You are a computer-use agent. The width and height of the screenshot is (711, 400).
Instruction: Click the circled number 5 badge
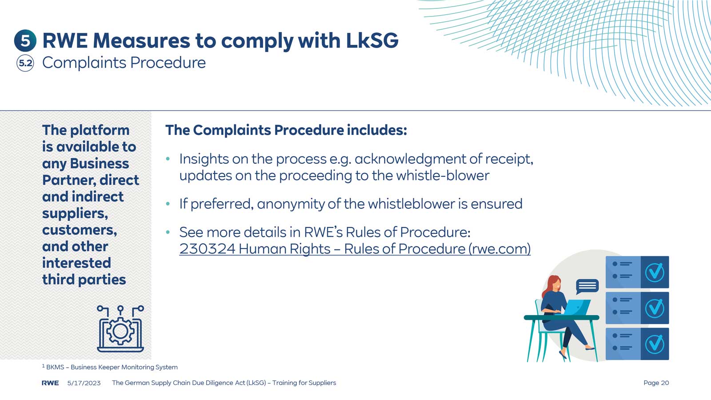click(x=25, y=40)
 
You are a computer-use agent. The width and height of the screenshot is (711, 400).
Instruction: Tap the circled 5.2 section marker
click(x=25, y=63)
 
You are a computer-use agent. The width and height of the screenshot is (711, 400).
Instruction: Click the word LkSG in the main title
click(x=372, y=40)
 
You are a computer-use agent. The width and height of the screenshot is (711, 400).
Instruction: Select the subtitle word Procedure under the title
click(x=168, y=63)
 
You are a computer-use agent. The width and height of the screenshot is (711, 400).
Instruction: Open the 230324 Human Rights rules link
click(x=355, y=249)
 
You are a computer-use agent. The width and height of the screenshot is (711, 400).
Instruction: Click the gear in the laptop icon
click(x=120, y=331)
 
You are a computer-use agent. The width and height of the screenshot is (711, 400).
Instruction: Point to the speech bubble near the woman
click(x=587, y=286)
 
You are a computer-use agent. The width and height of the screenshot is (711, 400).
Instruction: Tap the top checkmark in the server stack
click(x=655, y=272)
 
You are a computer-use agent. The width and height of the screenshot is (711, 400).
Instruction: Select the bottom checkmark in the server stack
click(x=655, y=344)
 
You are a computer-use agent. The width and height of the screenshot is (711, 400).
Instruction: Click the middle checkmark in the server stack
click(x=655, y=308)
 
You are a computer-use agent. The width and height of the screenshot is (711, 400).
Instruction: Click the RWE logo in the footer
click(x=50, y=383)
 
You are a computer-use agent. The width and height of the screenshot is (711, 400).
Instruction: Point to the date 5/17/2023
click(x=84, y=383)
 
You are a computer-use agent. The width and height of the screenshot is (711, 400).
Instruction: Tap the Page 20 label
click(x=656, y=383)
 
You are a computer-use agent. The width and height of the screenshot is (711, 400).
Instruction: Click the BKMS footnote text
click(x=110, y=367)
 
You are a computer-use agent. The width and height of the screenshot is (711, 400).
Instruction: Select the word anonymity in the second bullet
click(x=291, y=204)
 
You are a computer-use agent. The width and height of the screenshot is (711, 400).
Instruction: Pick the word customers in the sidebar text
click(x=80, y=230)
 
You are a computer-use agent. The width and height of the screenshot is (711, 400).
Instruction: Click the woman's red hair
click(x=551, y=286)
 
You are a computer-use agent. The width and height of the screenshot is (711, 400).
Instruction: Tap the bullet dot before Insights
click(x=168, y=158)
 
